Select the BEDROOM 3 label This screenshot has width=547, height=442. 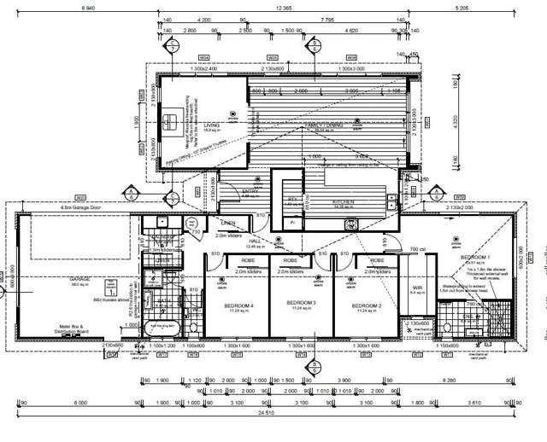coord(301,302)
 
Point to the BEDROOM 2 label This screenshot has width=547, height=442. coord(366,305)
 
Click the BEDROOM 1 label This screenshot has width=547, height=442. coord(475,257)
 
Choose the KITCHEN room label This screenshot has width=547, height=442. coord(343,202)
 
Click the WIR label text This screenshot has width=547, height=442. coord(418,287)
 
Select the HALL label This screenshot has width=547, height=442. coord(255,241)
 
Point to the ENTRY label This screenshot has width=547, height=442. coord(250,191)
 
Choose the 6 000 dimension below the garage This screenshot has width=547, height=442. coord(81,402)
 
